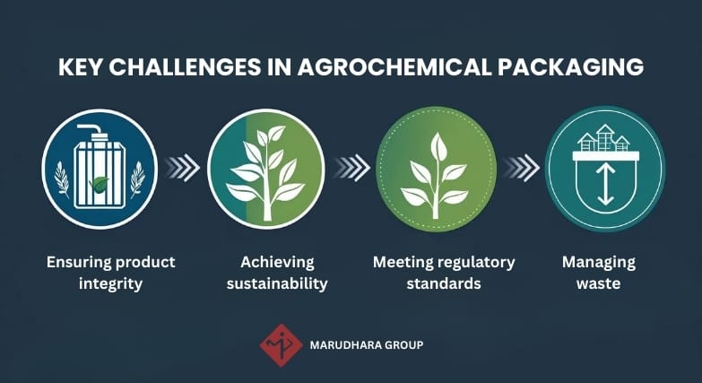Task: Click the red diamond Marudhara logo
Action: click(x=281, y=344)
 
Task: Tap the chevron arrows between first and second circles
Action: click(x=182, y=167)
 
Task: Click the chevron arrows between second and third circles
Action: click(x=351, y=167)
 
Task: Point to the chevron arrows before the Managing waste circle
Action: click(x=521, y=167)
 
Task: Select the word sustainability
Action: click(x=277, y=283)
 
